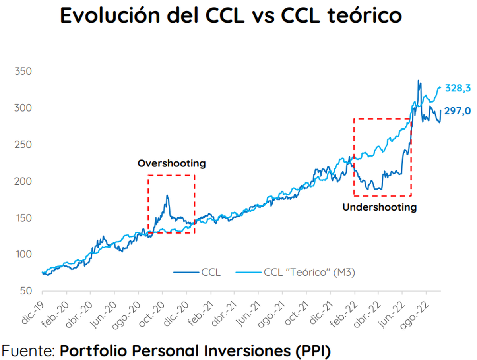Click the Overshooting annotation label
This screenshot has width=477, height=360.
pyautogui.click(x=172, y=163)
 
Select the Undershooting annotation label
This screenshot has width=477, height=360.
pyautogui.click(x=379, y=207)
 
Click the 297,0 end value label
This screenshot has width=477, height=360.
pyautogui.click(x=457, y=112)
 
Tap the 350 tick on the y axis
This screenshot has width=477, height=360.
pyautogui.click(x=23, y=72)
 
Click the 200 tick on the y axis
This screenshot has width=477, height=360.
pyautogui.click(x=23, y=182)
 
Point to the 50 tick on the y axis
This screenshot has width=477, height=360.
pyautogui.click(x=25, y=291)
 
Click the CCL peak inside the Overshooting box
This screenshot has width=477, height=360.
pyautogui.click(x=167, y=196)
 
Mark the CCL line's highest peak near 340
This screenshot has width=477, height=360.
pyautogui.click(x=418, y=81)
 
